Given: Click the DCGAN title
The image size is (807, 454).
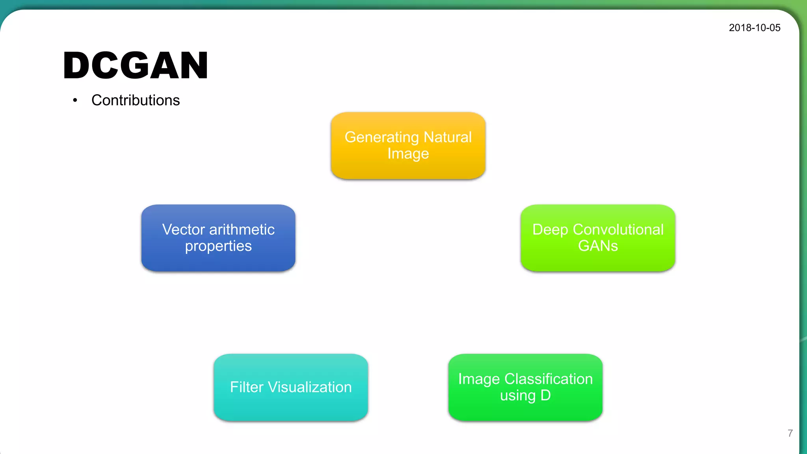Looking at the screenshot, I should [x=136, y=65].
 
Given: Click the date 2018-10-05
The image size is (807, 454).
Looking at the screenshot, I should [x=754, y=28].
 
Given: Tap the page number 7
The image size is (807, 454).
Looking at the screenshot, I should [x=790, y=433].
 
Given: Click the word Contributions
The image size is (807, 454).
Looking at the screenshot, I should [x=136, y=100].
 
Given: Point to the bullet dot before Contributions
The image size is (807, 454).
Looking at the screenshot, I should [x=75, y=100].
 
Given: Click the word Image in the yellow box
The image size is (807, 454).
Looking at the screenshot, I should [x=408, y=153].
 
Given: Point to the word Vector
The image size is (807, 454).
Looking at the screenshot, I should [x=183, y=229].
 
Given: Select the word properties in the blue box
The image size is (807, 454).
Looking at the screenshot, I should [x=218, y=246].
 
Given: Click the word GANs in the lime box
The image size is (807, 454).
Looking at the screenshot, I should [x=597, y=246].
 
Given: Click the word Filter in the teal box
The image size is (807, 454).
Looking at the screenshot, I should [x=247, y=387].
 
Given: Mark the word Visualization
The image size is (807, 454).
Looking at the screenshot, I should [x=310, y=387].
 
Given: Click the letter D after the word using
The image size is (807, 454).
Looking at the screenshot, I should [x=545, y=395].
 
